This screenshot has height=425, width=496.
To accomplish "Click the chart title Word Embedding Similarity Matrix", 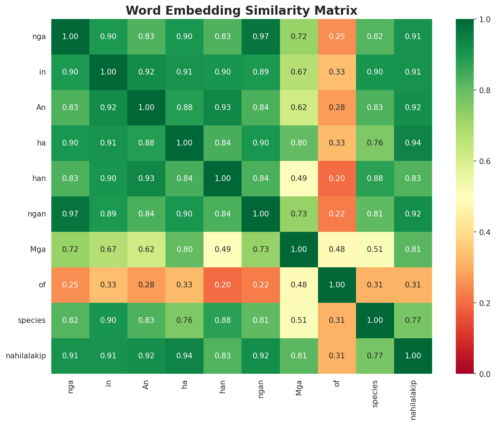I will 242,11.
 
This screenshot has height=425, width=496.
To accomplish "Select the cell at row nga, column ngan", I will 261,37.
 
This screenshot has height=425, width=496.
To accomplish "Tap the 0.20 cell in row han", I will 337,178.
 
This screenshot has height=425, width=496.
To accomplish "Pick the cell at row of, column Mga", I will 299,285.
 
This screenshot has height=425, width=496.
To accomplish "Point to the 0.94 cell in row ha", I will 413,143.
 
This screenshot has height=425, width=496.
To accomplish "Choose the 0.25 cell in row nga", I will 337,37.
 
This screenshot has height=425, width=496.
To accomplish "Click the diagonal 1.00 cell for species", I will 375,321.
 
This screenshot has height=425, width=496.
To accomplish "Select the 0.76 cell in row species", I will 184,321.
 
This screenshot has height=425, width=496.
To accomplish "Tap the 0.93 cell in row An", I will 223,108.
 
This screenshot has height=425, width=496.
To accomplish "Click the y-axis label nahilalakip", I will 26,356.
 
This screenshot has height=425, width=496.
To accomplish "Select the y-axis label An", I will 41,108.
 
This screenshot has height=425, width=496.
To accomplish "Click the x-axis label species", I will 375,393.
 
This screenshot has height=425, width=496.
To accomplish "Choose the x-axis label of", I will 337,383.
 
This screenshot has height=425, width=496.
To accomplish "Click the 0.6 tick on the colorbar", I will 483,161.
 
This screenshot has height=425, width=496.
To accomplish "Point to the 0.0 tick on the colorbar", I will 483,374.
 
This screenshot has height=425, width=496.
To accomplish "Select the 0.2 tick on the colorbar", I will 483,303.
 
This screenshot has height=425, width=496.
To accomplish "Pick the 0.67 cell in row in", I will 299,72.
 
